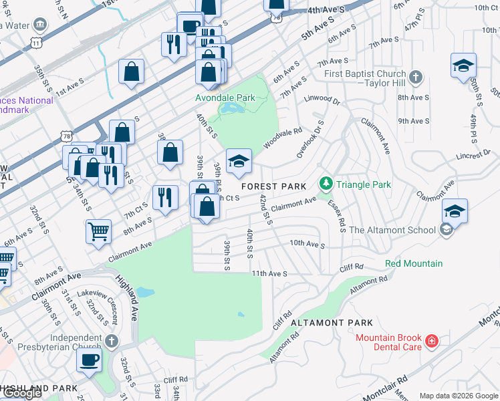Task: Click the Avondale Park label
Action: click(225, 98)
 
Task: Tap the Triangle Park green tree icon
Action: click(326, 182)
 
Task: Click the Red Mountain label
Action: click(414, 263)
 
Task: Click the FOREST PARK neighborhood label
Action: click(273, 186)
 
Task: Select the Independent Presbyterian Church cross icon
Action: click(111, 342)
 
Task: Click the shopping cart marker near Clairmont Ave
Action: click(98, 231)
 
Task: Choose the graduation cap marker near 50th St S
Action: click(463, 65)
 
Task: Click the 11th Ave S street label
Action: click(269, 274)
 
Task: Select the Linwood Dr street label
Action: click(322, 100)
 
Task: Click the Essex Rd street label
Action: click(336, 216)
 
